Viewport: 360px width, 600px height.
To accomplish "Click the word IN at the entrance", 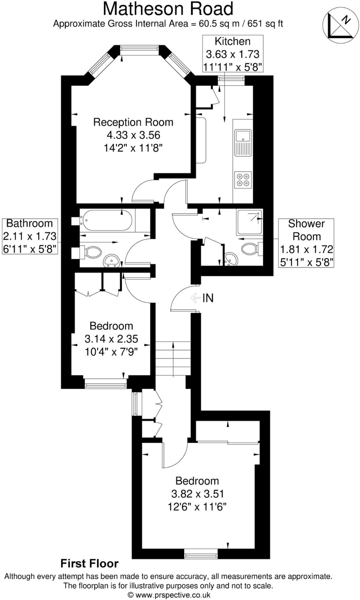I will (208, 298).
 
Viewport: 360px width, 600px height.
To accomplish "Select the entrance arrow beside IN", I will (195, 298).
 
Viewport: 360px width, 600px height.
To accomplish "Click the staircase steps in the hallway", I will (173, 359).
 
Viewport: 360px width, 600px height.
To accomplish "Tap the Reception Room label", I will (133, 122).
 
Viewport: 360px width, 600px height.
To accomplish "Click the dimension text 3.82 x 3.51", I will (197, 494).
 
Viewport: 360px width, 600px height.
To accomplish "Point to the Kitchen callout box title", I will (232, 41).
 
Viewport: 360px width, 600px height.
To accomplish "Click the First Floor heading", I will (89, 563).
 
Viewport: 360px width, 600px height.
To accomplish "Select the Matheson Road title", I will (168, 9).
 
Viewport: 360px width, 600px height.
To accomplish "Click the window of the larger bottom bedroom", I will (201, 554).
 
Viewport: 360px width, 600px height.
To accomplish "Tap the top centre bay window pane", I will (139, 48).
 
